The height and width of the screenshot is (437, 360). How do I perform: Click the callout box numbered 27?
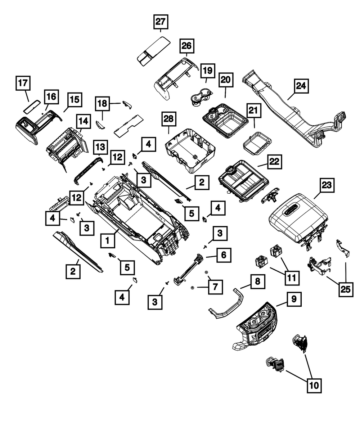(161, 22)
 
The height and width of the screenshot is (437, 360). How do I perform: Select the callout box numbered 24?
(301, 86)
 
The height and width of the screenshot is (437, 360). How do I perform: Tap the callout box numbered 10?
(314, 386)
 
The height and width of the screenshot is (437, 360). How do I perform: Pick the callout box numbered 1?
(108, 241)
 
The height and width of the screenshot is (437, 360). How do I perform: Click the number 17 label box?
(23, 83)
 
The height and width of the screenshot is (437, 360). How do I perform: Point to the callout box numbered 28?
(169, 119)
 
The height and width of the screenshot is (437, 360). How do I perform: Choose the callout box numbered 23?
(327, 185)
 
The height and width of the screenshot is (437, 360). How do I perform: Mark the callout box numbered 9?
(294, 299)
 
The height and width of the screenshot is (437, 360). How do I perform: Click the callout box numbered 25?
(346, 289)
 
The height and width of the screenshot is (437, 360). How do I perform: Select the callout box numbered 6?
(224, 255)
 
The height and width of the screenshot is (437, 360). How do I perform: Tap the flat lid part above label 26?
(153, 51)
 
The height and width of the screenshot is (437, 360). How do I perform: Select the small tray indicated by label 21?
(257, 143)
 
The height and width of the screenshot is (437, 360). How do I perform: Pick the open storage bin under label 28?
(190, 151)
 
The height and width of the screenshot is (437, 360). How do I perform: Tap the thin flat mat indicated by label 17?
(31, 107)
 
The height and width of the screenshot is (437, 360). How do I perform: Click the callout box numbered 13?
(100, 147)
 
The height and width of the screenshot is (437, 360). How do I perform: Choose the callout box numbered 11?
(292, 278)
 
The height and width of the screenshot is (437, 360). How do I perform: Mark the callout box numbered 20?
(226, 80)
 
